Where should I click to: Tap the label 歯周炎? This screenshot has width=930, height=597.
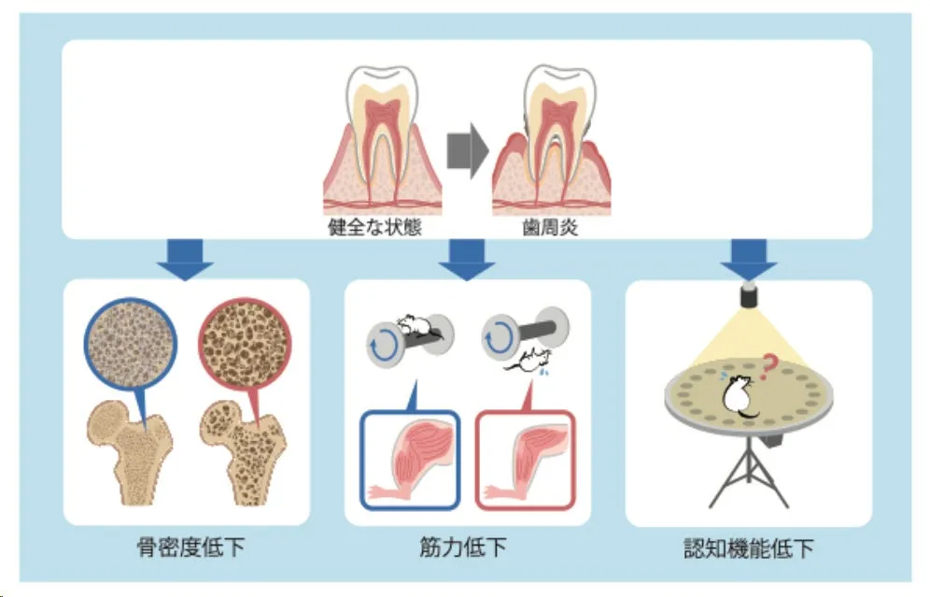(x=550, y=227)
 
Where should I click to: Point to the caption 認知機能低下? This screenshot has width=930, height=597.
(x=747, y=547)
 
